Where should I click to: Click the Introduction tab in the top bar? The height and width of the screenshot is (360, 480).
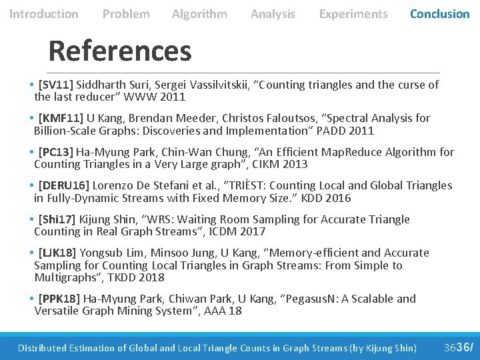[43, 14]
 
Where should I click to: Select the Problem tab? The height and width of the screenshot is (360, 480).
[126, 14]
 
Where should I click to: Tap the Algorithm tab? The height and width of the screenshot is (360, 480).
[199, 14]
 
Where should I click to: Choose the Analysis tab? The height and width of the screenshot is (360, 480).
[273, 14]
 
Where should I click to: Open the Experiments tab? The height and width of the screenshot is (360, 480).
[353, 14]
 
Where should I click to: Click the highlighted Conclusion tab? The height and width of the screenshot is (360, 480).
[439, 14]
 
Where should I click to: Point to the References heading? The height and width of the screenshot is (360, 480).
[120, 51]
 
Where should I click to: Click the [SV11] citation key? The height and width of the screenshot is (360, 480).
[56, 85]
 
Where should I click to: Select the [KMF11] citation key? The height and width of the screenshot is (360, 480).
[61, 118]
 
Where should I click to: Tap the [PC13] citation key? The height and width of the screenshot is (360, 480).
[56, 151]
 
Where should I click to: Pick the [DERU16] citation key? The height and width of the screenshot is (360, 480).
[64, 185]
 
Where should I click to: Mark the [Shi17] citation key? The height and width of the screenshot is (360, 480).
[57, 219]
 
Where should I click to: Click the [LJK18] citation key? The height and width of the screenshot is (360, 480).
[57, 253]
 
